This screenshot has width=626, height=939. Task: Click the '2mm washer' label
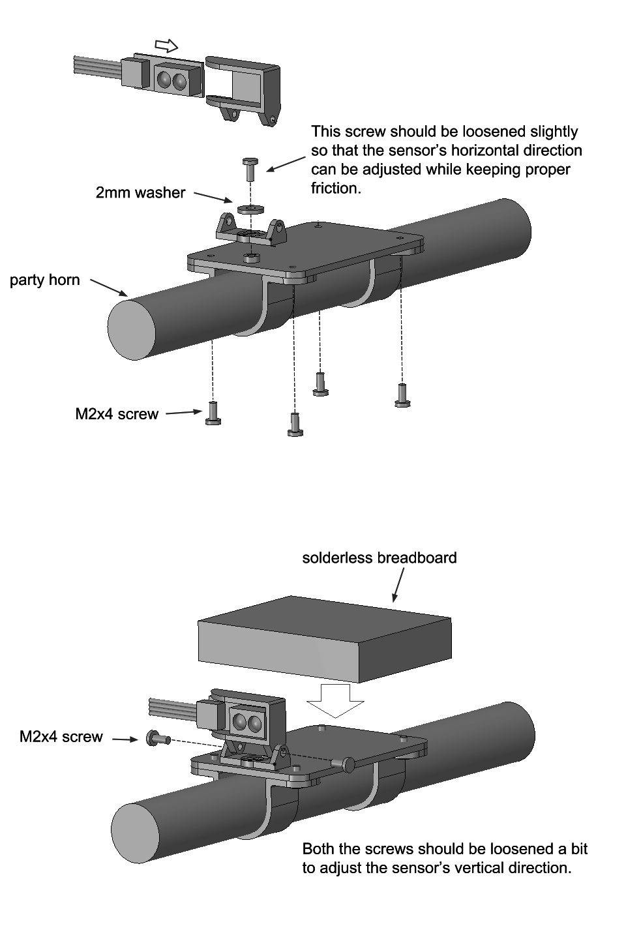pyautogui.click(x=140, y=192)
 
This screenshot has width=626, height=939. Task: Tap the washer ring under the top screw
pyautogui.click(x=248, y=209)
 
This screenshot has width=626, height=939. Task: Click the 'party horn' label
pyautogui.click(x=45, y=280)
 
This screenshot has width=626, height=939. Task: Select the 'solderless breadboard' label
pyautogui.click(x=379, y=558)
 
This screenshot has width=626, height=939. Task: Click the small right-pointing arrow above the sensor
pyautogui.click(x=167, y=45)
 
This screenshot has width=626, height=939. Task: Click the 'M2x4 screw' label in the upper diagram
pyautogui.click(x=117, y=414)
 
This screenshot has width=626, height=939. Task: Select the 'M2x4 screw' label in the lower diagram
pyautogui.click(x=61, y=737)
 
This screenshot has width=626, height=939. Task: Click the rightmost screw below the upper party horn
pyautogui.click(x=402, y=395)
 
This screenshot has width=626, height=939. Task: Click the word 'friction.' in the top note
pyautogui.click(x=335, y=188)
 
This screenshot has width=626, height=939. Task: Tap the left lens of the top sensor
pyautogui.click(x=164, y=80)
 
